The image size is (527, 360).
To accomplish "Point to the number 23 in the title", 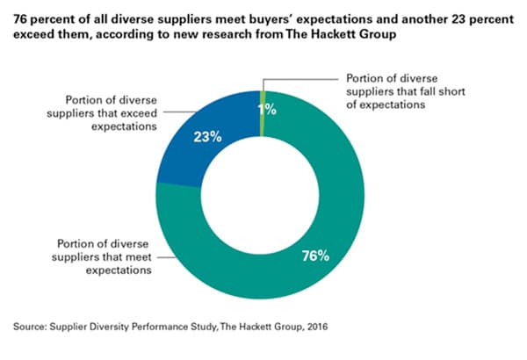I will click(x=441, y=15).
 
